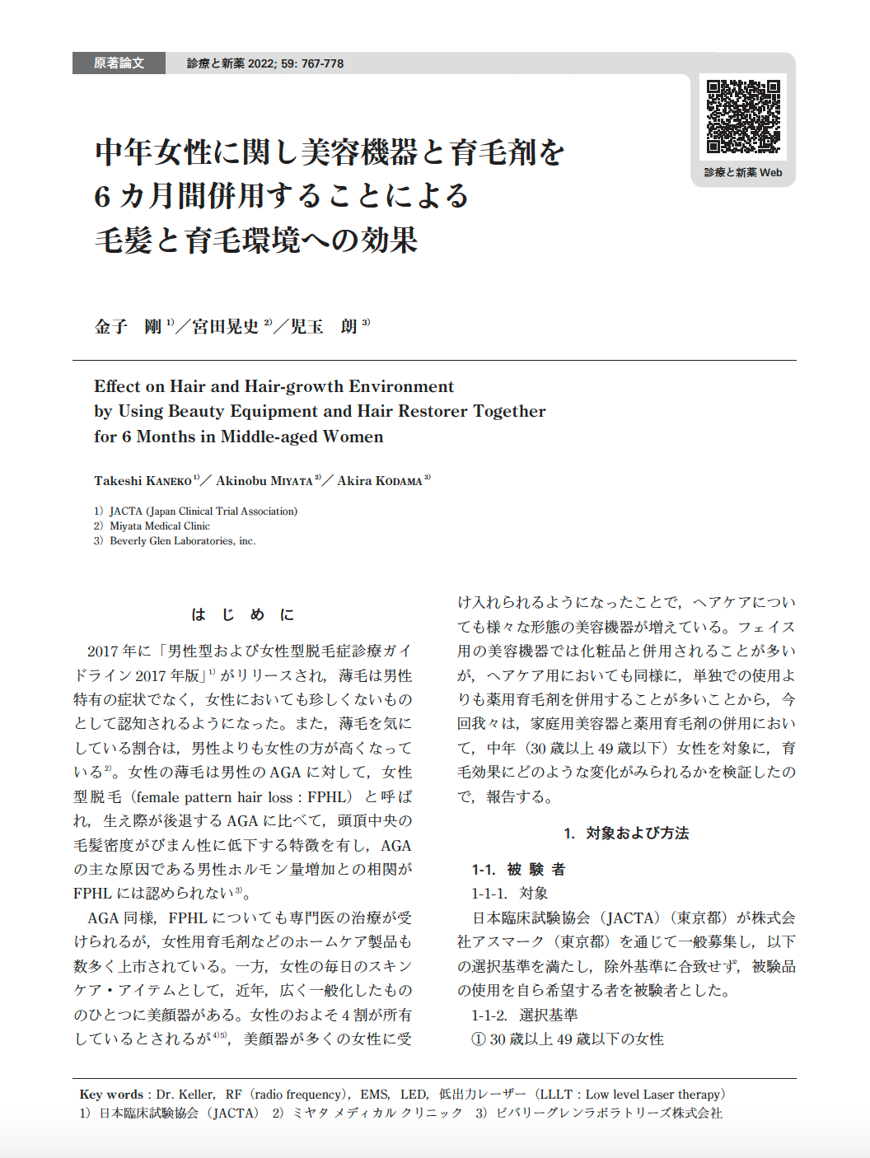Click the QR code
click(x=743, y=116)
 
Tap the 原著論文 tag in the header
click(x=119, y=63)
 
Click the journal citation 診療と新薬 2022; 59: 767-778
click(x=265, y=63)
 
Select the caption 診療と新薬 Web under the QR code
click(x=743, y=172)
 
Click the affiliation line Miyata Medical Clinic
click(x=160, y=525)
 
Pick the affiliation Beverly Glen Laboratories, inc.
click(x=183, y=541)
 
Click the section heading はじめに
click(x=242, y=614)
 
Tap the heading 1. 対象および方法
click(x=626, y=833)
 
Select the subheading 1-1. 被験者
click(x=518, y=869)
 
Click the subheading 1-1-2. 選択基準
click(x=524, y=1015)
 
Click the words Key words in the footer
click(x=111, y=1095)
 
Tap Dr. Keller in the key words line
click(x=185, y=1095)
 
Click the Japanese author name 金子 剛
click(x=129, y=327)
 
